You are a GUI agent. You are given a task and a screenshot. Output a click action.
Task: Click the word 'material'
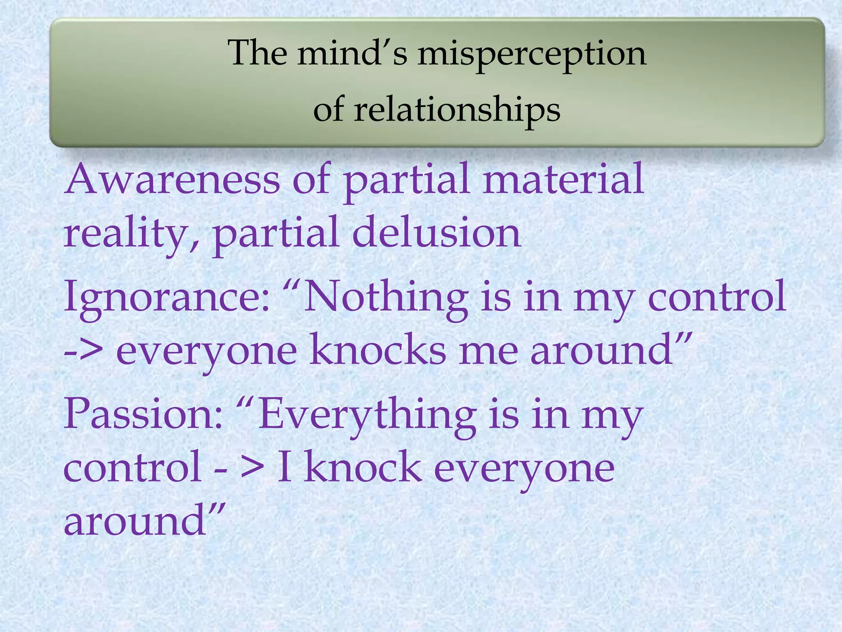tap(563, 179)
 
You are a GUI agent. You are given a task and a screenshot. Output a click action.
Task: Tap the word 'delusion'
tap(437, 232)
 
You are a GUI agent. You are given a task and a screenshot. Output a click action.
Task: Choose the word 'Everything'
tap(367, 416)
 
